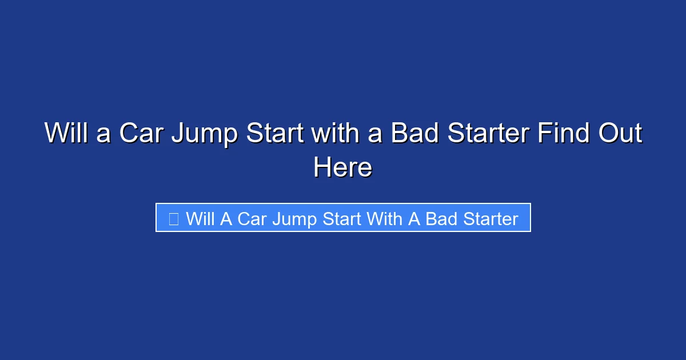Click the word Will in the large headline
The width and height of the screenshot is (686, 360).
coord(65,134)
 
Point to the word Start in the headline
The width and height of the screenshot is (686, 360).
coord(276,134)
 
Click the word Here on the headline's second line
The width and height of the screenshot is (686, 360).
coord(343,168)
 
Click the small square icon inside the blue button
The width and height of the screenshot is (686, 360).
coord(174,218)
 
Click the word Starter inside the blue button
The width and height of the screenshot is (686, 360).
coord(490,219)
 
